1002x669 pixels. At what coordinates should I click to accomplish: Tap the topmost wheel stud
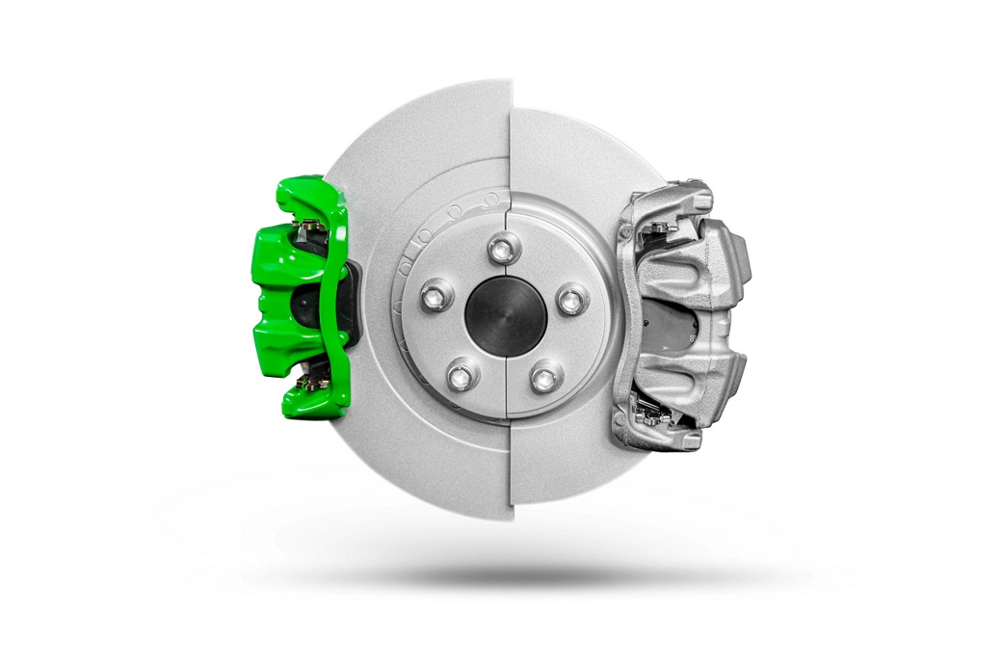click(x=499, y=249)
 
